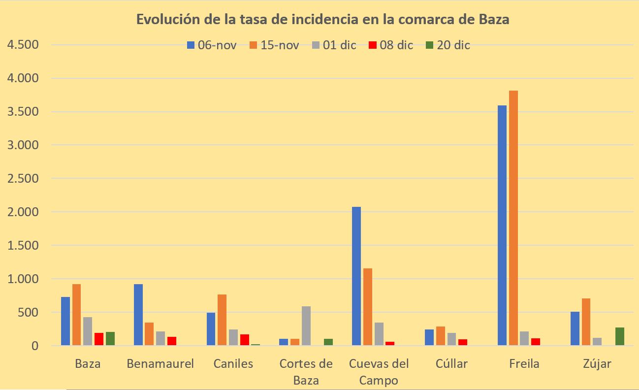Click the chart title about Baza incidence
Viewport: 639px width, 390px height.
pyautogui.click(x=322, y=20)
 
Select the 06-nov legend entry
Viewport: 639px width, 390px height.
pyautogui.click(x=212, y=45)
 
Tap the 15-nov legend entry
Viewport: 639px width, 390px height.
pyautogui.click(x=275, y=45)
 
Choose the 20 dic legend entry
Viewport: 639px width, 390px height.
pyautogui.click(x=447, y=45)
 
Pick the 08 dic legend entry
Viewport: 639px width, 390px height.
pyautogui.click(x=390, y=45)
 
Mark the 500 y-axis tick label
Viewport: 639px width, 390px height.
pyautogui.click(x=28, y=312)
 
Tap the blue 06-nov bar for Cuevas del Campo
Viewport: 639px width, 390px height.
pyautogui.click(x=356, y=276)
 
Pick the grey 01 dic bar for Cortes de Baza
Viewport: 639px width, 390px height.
pyautogui.click(x=306, y=326)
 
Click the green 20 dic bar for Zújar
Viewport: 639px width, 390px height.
pyautogui.click(x=620, y=337)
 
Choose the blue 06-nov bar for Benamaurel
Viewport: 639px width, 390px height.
pyautogui.click(x=138, y=315)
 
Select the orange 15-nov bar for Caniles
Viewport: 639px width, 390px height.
pyautogui.click(x=222, y=320)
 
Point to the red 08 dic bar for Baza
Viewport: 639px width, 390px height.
pyautogui.click(x=99, y=339)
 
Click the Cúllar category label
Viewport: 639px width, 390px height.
pyautogui.click(x=451, y=364)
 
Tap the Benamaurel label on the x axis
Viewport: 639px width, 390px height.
pyautogui.click(x=160, y=364)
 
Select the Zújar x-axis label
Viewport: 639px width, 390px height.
pyautogui.click(x=597, y=364)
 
